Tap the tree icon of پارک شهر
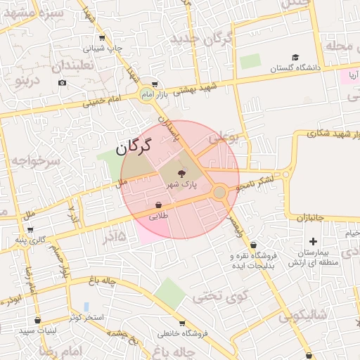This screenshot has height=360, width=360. [x=181, y=173]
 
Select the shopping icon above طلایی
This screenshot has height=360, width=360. [x=159, y=205]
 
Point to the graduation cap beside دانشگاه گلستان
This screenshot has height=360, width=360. [x=295, y=58]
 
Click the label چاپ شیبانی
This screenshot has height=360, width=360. [x=103, y=49]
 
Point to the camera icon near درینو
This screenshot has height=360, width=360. [x=62, y=83]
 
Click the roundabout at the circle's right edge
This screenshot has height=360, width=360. [x=219, y=191]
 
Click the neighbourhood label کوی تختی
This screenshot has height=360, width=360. [x=212, y=295]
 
